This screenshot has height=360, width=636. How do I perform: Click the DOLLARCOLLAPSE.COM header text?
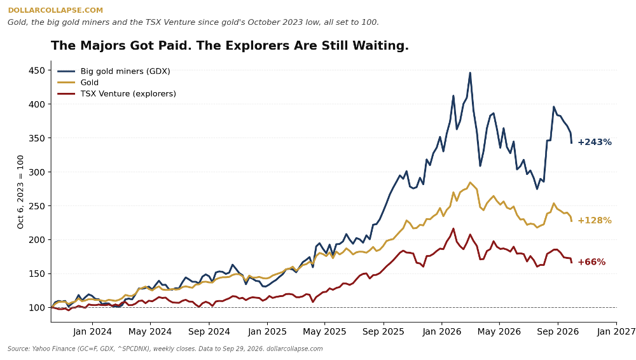click(55, 10)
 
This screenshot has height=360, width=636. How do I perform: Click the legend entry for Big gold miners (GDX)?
click(114, 71)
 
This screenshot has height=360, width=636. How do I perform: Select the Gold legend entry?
click(78, 83)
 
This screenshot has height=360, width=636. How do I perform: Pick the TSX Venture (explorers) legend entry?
click(117, 93)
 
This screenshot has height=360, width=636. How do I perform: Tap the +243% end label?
click(594, 142)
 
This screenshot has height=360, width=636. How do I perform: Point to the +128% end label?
click(594, 220)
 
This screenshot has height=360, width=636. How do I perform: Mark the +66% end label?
click(591, 262)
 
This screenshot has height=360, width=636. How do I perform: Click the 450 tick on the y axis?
click(36, 71)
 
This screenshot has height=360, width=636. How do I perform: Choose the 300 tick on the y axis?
click(36, 172)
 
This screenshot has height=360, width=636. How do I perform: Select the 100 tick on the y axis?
click(36, 308)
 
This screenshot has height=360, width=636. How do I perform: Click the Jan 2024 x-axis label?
click(92, 331)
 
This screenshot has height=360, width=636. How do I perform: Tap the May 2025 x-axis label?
click(324, 331)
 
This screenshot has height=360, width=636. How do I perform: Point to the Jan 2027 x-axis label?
click(616, 331)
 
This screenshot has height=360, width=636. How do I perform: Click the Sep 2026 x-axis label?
click(558, 331)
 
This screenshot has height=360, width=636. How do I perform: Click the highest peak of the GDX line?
click(470, 73)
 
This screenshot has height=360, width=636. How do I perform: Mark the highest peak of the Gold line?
click(470, 183)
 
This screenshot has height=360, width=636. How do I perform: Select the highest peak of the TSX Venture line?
click(453, 229)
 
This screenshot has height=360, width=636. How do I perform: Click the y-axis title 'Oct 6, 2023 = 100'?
click(20, 191)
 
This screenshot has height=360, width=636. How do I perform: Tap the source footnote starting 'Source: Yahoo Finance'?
click(165, 349)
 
